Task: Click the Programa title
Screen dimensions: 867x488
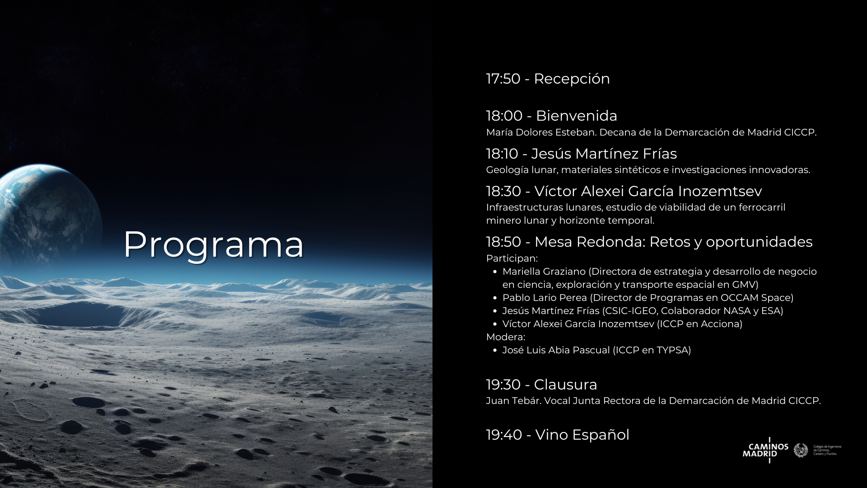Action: tap(214, 244)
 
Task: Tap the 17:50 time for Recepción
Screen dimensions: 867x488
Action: tap(503, 79)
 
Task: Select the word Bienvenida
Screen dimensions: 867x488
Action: tap(576, 116)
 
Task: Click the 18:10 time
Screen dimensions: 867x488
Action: tap(502, 154)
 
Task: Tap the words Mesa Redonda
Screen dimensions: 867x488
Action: tap(589, 242)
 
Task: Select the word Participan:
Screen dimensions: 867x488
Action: tap(512, 258)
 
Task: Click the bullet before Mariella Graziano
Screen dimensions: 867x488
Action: tap(495, 272)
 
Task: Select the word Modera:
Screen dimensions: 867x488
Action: tap(505, 337)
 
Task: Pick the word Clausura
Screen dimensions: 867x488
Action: tap(565, 385)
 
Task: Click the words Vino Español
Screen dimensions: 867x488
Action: tap(582, 435)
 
